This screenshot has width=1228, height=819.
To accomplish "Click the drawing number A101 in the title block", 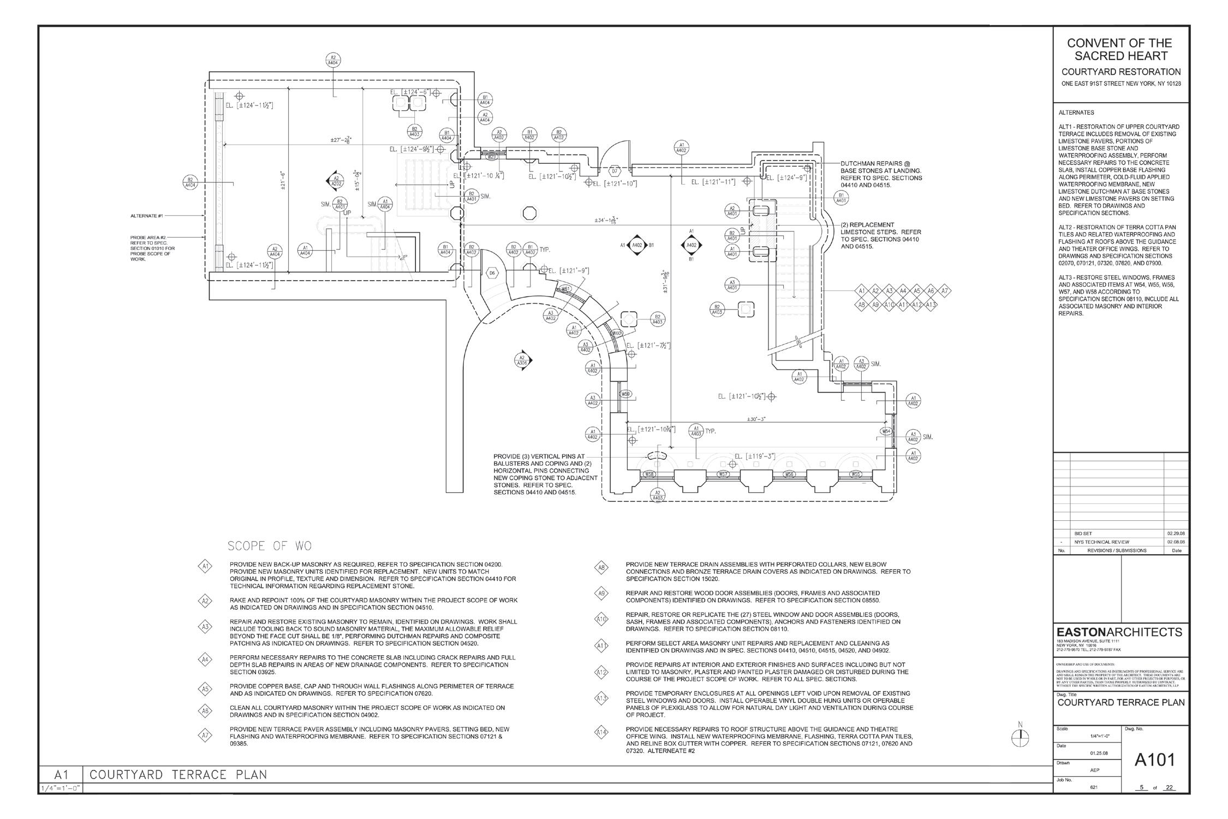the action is pos(1154,759).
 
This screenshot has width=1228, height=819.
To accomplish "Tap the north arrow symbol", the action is pos(1020,738).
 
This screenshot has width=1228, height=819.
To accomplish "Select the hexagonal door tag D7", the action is pos(615,171).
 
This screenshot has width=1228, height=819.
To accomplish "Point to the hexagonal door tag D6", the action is pos(492,272).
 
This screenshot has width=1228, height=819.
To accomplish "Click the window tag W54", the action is pos(887,431).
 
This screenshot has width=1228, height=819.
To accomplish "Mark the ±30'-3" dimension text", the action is pos(756,419).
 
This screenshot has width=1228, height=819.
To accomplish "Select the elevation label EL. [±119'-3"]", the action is pos(754,456).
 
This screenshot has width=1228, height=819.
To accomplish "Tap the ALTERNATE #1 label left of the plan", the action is pos(146,216).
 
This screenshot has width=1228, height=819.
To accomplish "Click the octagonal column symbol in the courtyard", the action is pos(529,213).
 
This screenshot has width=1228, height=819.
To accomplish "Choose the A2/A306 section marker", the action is pos(523,360).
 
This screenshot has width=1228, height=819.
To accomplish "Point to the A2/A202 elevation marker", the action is pos(336,181).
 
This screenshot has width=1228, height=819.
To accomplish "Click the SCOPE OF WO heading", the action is pos(269,546).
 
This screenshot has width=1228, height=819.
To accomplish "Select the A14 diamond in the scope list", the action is pos(601,733).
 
